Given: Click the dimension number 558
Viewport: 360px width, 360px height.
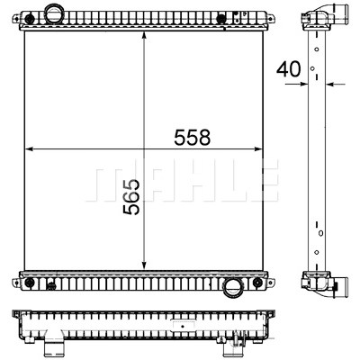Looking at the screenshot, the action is pyautogui.click(x=193, y=138).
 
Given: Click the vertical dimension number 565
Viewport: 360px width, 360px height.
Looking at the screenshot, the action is pyautogui.click(x=131, y=197).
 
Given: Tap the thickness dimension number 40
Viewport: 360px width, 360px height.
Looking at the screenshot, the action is pyautogui.click(x=288, y=69).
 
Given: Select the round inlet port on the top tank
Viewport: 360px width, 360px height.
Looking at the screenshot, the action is pyautogui.click(x=53, y=13).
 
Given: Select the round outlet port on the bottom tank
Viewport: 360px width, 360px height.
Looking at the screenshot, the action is pyautogui.click(x=232, y=286).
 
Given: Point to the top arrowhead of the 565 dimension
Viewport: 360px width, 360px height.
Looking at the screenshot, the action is pyautogui.click(x=144, y=36).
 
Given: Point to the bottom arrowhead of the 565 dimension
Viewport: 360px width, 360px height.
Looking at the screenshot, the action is pyautogui.click(x=144, y=265).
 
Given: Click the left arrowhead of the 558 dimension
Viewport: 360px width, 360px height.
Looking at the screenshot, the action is pyautogui.click(x=30, y=148).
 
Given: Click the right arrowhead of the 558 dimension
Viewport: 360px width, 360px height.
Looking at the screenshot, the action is pyautogui.click(x=258, y=148).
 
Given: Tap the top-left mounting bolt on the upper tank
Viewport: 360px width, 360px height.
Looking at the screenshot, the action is pyautogui.click(x=29, y=19).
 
